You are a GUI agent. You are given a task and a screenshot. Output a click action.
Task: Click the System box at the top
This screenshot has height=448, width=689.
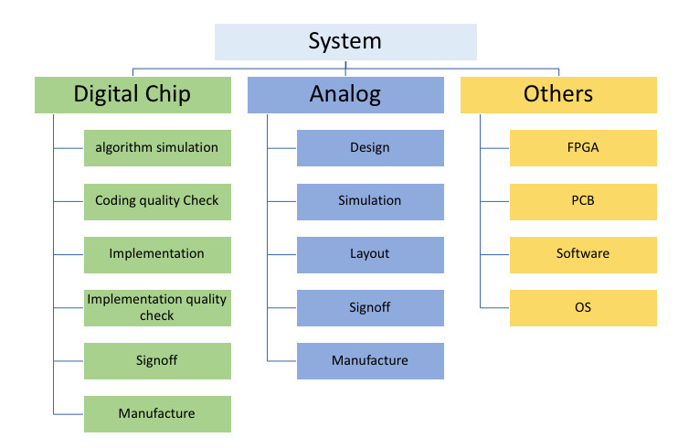point(344,41)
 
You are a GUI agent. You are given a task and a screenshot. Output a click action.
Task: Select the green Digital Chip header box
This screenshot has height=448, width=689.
point(132,94)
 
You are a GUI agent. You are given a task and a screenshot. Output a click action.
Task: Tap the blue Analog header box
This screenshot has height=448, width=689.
point(345,94)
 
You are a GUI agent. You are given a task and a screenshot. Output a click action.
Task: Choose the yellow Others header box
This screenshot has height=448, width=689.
point(558,94)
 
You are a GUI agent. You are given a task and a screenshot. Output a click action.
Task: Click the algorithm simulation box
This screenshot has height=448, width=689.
point(157,147)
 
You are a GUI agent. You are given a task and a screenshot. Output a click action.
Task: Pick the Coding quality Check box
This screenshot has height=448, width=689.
point(157,200)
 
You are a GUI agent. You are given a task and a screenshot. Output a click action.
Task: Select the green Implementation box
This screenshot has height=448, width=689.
point(157,253)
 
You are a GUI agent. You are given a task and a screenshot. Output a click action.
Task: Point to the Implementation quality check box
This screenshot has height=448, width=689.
point(157,307)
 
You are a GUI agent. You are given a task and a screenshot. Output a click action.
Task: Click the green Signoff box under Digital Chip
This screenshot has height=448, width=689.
point(157,360)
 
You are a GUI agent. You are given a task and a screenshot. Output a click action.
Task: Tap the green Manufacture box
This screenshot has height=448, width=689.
point(157,413)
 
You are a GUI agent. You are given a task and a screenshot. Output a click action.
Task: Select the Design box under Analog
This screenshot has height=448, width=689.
point(370,147)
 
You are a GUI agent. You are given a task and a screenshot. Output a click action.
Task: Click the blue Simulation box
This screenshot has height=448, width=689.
point(370,200)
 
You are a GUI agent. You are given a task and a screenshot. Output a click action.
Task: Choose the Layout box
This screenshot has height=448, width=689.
point(370,253)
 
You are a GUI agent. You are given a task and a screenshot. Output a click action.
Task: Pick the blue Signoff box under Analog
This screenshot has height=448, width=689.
point(370,307)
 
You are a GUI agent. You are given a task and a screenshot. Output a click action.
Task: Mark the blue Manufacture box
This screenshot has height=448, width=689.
point(370,360)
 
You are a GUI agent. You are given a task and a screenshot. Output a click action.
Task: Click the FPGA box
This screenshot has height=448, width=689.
point(583,147)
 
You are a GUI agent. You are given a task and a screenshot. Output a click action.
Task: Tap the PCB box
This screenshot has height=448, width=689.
point(583,200)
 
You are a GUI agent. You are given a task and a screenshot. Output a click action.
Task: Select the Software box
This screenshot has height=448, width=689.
point(583,253)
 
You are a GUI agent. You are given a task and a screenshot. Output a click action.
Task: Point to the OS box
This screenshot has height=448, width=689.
point(583,307)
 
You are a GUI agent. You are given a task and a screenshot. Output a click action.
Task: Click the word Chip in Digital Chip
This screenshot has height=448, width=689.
point(165,94)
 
